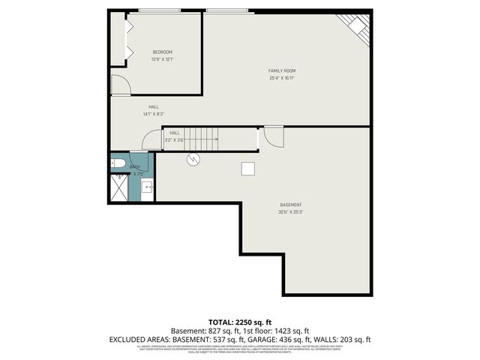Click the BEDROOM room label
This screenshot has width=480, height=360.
(162, 52)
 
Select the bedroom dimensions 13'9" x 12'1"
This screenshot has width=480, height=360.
(162, 59)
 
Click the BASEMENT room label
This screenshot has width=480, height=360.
(291, 205)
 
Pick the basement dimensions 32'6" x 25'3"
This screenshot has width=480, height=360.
(291, 212)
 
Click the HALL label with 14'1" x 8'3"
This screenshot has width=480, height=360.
(153, 107)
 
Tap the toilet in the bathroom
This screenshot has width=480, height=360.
(118, 163)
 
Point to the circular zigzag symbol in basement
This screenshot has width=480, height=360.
(193, 159)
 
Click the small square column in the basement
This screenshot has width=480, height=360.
(248, 169)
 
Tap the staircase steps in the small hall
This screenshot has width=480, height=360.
(202, 139)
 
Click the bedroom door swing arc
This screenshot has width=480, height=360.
(120, 85)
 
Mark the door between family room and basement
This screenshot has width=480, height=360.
(274, 137)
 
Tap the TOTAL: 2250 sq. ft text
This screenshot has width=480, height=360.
(239, 322)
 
